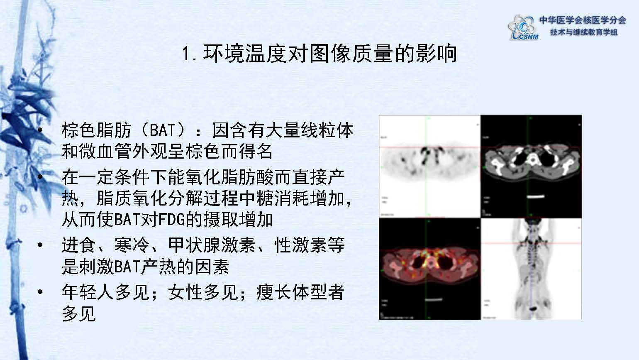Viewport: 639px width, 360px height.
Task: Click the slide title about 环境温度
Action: click(319, 54)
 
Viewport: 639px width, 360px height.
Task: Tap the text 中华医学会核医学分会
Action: click(583, 20)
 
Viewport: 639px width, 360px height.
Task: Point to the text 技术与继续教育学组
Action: click(584, 32)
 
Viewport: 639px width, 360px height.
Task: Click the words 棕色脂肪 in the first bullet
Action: click(96, 130)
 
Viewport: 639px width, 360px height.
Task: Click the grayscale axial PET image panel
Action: click(429, 166)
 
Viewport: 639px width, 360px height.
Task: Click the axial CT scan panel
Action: click(532, 166)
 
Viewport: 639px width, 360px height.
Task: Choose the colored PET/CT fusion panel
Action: click(429, 268)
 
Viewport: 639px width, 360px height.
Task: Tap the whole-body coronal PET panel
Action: click(532, 268)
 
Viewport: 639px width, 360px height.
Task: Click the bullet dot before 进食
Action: click(40, 245)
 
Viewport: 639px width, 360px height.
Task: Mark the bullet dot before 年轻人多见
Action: click(40, 292)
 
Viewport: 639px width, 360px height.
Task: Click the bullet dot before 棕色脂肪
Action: click(40, 130)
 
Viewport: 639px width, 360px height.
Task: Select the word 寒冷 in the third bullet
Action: click(132, 245)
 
